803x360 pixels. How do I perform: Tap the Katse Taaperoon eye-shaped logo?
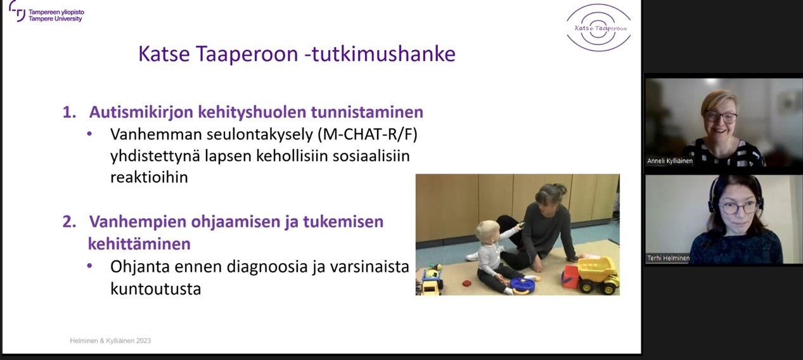point(599,28)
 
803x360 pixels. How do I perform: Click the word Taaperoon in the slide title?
point(247,54)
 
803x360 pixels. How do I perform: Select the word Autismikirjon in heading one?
point(141,112)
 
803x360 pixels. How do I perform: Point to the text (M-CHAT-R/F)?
point(368,134)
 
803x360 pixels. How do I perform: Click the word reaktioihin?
point(149,177)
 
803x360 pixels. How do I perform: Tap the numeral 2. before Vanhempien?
point(69,222)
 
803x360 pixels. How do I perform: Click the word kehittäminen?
point(139,244)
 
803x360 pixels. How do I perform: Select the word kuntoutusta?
point(155,288)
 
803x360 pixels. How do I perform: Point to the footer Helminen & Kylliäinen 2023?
point(110,340)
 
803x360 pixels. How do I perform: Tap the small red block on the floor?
point(466,283)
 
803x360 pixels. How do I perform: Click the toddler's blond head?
point(488,232)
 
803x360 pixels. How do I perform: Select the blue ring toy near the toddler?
point(522,286)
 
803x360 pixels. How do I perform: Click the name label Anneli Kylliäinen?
point(670,161)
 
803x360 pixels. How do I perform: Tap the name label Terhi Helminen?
point(668,258)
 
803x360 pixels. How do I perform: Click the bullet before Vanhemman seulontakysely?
point(89,134)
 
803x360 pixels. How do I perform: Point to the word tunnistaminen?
point(367,112)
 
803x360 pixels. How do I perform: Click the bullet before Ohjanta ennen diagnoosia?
point(89,266)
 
